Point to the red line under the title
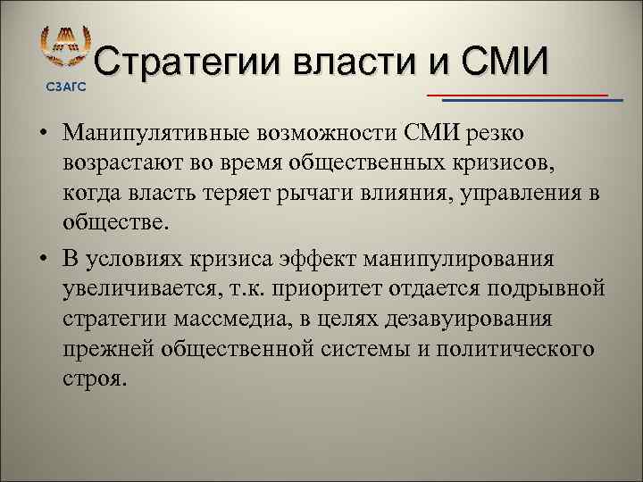click(517, 94)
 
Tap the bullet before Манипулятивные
click(43, 135)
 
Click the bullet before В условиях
click(43, 260)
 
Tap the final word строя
click(95, 378)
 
